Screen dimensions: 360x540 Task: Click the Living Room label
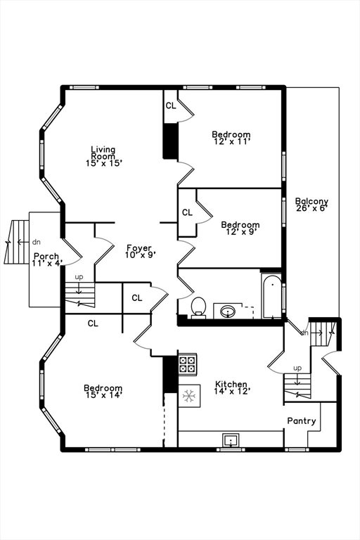click(103, 153)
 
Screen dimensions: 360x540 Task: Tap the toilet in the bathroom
click(198, 307)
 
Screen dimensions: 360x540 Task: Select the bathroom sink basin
click(227, 311)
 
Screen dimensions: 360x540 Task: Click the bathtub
click(271, 296)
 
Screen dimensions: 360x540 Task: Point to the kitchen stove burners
click(188, 365)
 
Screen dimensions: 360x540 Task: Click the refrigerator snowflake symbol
click(188, 396)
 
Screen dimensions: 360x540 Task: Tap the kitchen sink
click(230, 440)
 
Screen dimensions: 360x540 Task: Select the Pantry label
click(302, 421)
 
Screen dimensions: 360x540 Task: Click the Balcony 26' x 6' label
click(311, 204)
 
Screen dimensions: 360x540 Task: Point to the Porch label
click(46, 256)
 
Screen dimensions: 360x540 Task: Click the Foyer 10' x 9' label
click(139, 252)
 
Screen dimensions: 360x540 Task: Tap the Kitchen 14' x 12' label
click(231, 387)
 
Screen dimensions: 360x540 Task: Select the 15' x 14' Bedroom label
click(103, 392)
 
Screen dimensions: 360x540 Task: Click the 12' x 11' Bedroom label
click(231, 138)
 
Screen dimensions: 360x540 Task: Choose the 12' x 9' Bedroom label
click(240, 229)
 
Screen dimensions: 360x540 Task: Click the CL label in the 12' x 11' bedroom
click(171, 105)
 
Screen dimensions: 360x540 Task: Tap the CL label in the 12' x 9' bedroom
click(188, 213)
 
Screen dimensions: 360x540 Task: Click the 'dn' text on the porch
click(37, 242)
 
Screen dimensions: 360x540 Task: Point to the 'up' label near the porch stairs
click(79, 277)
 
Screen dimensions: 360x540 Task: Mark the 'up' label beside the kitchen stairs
click(297, 368)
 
